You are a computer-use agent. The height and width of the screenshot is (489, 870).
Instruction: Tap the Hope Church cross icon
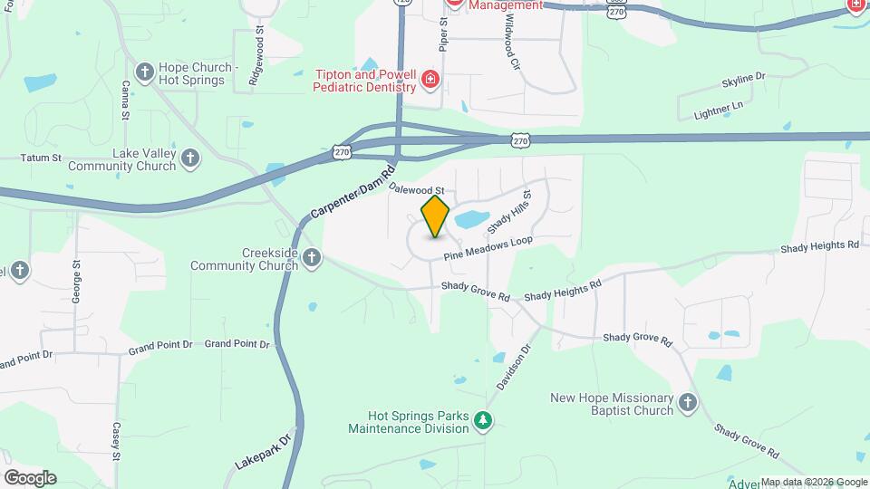(x=144, y=72)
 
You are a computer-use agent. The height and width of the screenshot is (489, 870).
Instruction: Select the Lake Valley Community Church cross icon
(x=189, y=158)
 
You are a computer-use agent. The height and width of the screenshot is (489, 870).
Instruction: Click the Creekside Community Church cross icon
(x=312, y=258)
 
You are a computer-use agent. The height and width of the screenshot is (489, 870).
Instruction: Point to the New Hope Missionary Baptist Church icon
(x=688, y=403)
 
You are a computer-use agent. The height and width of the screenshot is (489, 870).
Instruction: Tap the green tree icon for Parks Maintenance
(x=484, y=420)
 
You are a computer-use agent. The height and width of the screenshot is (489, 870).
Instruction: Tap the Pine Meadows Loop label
(x=488, y=248)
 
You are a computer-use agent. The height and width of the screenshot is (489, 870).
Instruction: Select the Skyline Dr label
(x=744, y=81)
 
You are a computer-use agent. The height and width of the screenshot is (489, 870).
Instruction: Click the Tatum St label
(x=42, y=158)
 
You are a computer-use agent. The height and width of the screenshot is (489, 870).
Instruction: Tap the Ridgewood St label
(x=259, y=54)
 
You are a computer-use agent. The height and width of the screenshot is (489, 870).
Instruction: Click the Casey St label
(x=117, y=441)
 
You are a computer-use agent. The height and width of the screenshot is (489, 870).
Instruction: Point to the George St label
(x=78, y=282)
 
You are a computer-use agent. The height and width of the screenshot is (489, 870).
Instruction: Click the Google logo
(x=30, y=477)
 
